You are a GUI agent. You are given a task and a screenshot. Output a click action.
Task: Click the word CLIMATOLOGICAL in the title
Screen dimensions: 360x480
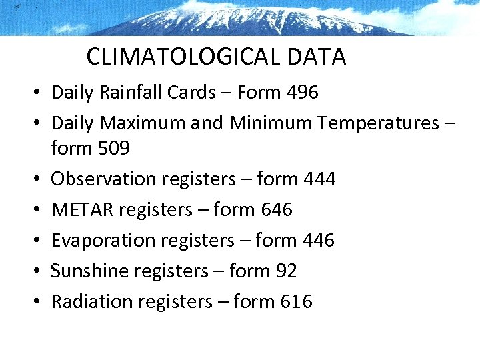pos(184,57)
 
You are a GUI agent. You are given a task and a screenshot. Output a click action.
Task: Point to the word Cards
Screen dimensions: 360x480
pos(190,92)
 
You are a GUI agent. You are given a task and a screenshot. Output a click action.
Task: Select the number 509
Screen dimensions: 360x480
pos(114,148)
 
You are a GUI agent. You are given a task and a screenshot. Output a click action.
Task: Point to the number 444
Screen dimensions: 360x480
pos(319,179)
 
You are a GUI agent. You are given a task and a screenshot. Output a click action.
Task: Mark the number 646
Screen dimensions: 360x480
pos(276,209)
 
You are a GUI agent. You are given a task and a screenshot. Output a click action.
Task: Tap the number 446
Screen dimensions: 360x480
pos(317,240)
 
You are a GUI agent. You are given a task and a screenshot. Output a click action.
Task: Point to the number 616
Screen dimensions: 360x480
pos(296,301)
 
